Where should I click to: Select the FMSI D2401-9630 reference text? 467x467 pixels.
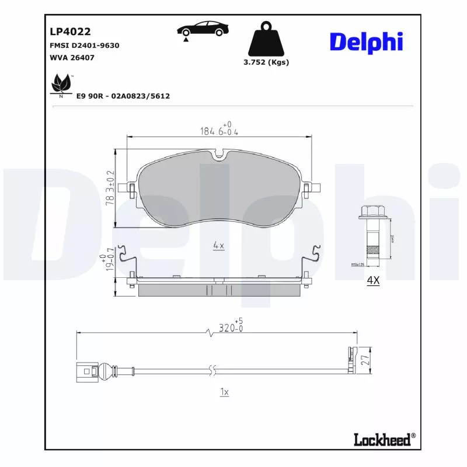[x=85, y=45]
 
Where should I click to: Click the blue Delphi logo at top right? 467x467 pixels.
[x=366, y=43]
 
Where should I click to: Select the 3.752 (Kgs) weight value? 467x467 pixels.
[x=266, y=62]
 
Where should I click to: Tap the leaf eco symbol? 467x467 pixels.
[x=61, y=85]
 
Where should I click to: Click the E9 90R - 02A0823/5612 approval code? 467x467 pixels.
[x=123, y=96]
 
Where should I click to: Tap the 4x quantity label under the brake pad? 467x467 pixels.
[x=218, y=246]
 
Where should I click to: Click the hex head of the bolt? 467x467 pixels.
[x=372, y=213]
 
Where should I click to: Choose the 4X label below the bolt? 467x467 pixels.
[x=372, y=281]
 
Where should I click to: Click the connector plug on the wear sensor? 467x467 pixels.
[x=88, y=370]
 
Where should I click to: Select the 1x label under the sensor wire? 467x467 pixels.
[x=224, y=392]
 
